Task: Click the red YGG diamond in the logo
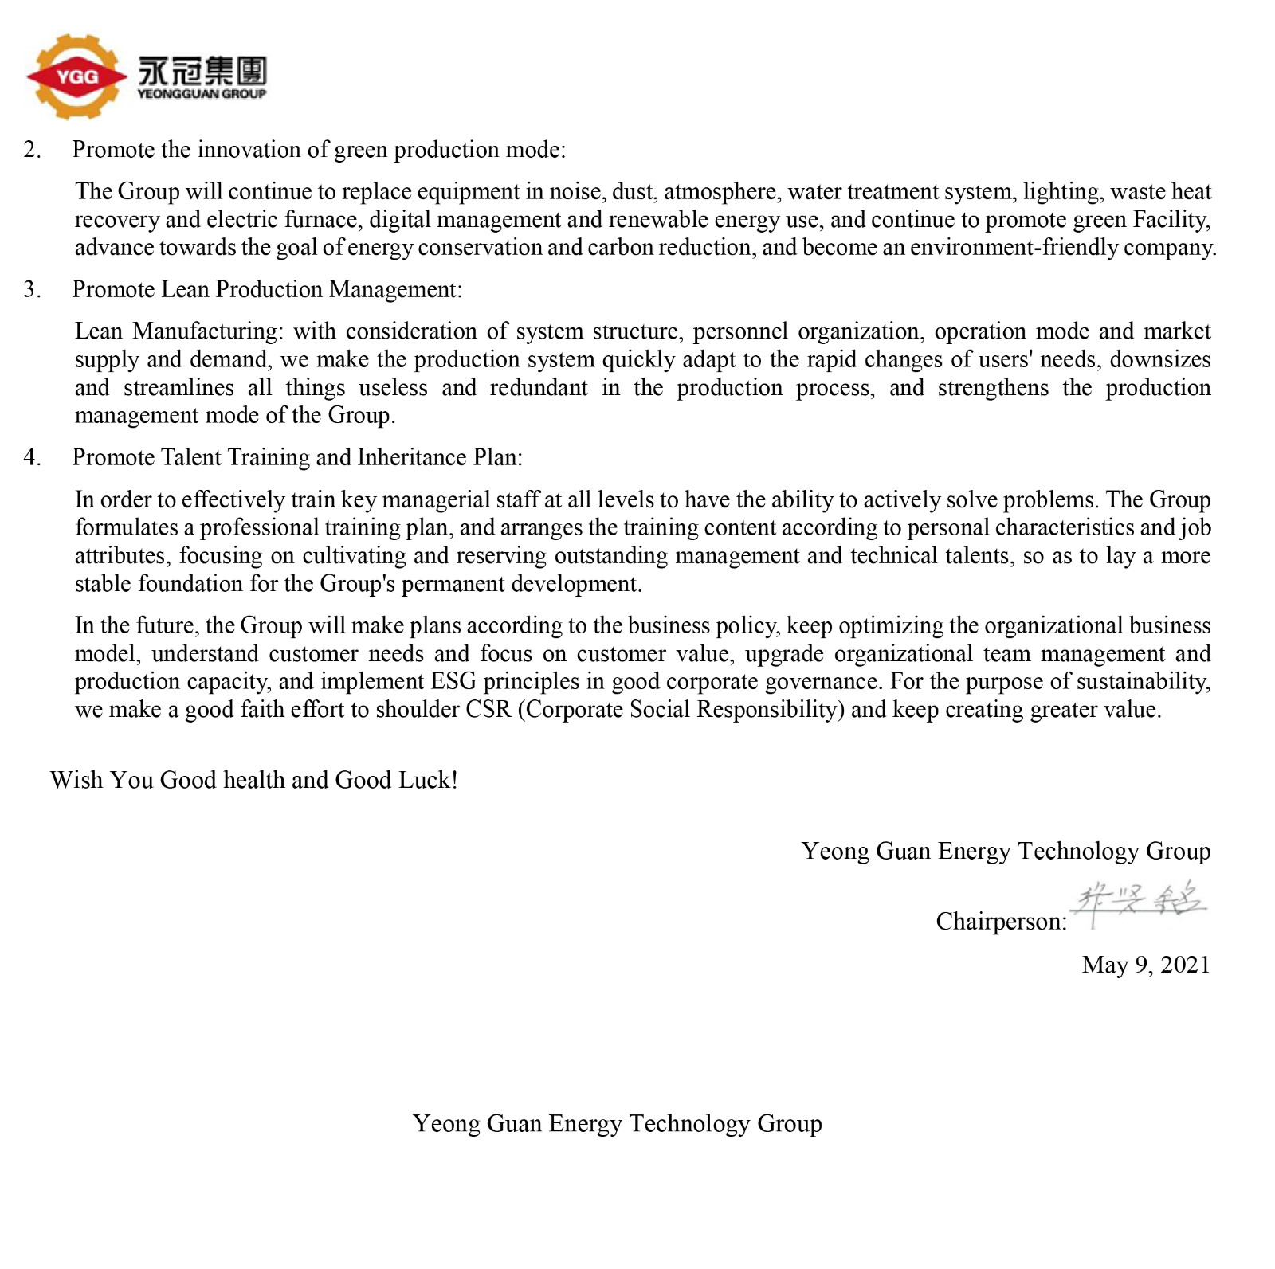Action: pos(76,77)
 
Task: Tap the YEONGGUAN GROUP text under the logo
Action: pos(202,94)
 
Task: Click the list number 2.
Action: pos(32,150)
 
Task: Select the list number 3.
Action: pos(32,289)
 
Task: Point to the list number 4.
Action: pos(32,457)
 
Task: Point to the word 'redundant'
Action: pos(538,388)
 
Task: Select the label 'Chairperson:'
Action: pos(1001,922)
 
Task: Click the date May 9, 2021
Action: pos(1146,965)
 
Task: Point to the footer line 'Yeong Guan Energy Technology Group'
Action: pos(617,1123)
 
